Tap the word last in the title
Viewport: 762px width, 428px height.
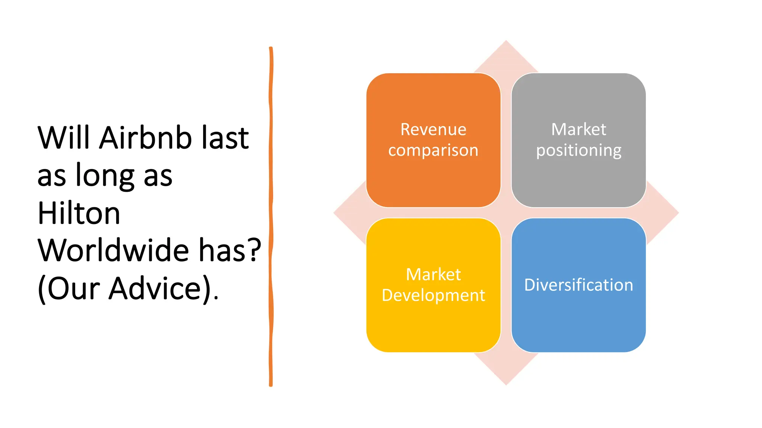pos(225,138)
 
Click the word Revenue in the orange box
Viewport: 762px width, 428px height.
pos(433,130)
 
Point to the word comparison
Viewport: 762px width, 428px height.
pos(433,150)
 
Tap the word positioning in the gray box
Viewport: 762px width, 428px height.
pos(579,150)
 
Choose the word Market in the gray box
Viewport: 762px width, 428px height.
pos(579,130)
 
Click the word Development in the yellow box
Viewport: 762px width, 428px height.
pos(433,295)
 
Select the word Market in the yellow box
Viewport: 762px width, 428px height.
pos(433,275)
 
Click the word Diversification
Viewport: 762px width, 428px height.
pos(579,285)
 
